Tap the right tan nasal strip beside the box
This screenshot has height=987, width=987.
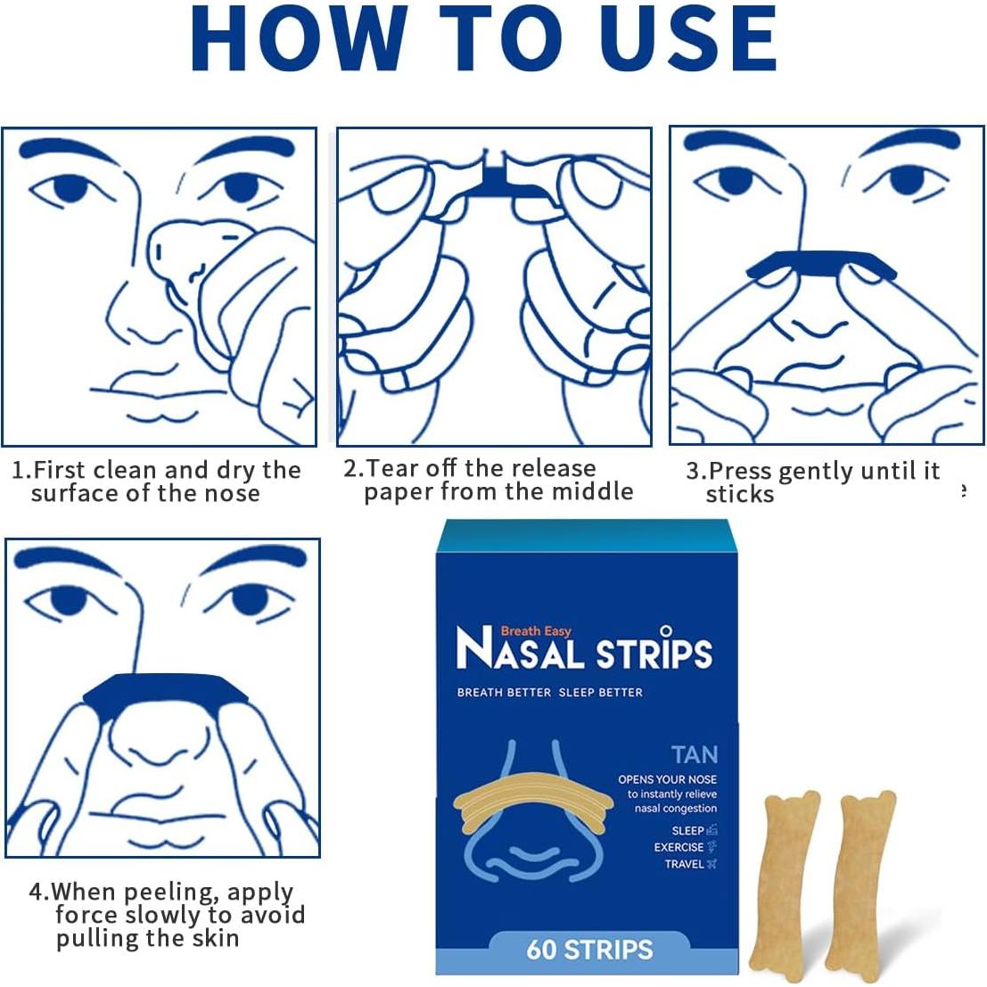(x=860, y=885)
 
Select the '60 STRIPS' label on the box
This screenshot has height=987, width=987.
(x=590, y=950)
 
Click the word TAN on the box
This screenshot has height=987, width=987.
(x=695, y=754)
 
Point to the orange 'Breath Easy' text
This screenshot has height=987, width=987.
(x=536, y=630)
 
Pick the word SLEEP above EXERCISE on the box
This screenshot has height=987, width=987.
(x=687, y=831)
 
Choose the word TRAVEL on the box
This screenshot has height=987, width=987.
(x=684, y=864)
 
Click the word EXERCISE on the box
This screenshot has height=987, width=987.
(x=679, y=847)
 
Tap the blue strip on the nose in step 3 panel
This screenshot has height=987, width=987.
(x=821, y=264)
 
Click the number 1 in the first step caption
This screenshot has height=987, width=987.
(x=19, y=470)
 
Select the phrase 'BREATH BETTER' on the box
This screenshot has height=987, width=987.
(x=504, y=693)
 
